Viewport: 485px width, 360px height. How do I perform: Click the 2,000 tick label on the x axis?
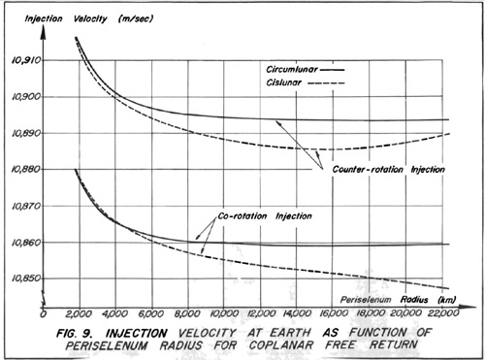click(80, 313)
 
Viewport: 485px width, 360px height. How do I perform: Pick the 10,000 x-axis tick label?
click(224, 313)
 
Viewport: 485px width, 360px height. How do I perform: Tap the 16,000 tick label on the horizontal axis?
click(333, 313)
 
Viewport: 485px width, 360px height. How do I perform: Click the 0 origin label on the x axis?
click(44, 313)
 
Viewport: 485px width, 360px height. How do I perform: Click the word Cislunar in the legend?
click(284, 82)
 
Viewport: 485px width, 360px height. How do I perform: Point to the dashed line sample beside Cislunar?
click(326, 83)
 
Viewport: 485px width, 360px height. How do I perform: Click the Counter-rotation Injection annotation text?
click(389, 170)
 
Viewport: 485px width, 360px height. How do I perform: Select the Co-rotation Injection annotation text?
click(265, 216)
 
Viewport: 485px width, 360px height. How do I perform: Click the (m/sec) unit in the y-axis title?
click(136, 18)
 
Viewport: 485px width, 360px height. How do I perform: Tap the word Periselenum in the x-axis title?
click(366, 300)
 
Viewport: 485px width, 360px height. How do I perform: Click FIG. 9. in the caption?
click(76, 333)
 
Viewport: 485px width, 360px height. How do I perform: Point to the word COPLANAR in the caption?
click(280, 345)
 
